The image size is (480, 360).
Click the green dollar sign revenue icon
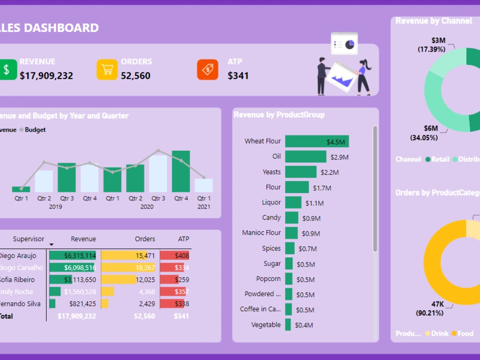(x=6, y=70)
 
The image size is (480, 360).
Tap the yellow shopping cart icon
(x=107, y=70)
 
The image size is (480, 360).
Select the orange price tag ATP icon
(x=207, y=70)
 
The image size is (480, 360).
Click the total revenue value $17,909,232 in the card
(x=47, y=76)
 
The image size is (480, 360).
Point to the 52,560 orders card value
(x=135, y=76)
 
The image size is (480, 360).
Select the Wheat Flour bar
(x=317, y=141)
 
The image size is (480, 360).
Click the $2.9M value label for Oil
(x=339, y=157)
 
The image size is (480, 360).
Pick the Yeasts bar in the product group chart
(x=301, y=172)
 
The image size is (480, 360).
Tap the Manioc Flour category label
(x=262, y=233)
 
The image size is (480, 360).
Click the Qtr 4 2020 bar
(x=181, y=171)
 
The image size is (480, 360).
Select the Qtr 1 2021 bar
(x=204, y=185)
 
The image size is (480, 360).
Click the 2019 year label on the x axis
(x=56, y=207)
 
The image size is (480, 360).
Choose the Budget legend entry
(x=35, y=130)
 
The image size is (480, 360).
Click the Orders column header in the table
(x=145, y=239)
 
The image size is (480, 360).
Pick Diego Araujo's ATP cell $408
(x=182, y=256)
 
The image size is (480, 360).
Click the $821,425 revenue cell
(x=83, y=304)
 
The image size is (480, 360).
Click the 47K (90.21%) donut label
(x=430, y=308)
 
